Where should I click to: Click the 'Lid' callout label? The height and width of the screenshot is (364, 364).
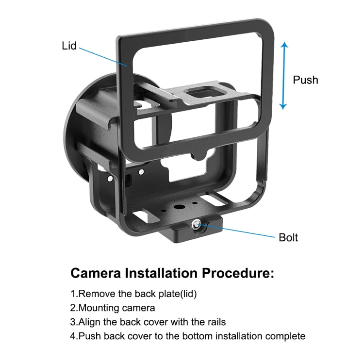(x=69, y=47)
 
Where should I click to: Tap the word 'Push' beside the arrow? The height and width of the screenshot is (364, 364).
(x=305, y=80)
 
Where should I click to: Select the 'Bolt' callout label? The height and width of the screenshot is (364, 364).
(x=288, y=237)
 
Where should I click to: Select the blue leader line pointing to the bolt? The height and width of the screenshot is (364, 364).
(x=237, y=231)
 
